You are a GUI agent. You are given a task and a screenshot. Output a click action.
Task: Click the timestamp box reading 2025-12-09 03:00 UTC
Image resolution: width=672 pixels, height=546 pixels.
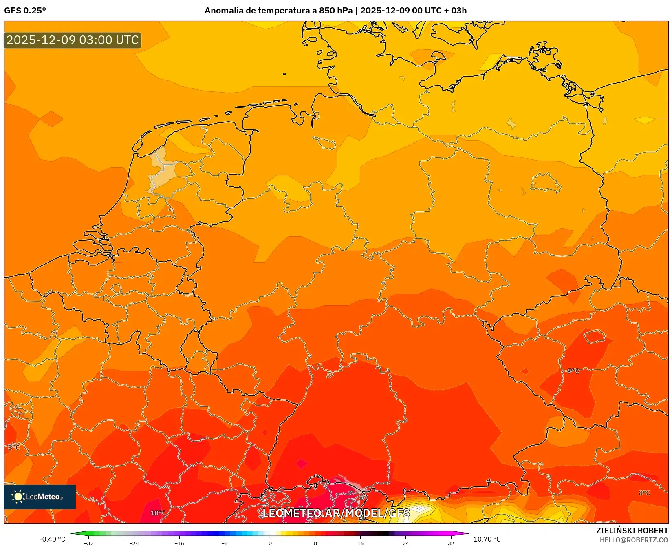(73, 40)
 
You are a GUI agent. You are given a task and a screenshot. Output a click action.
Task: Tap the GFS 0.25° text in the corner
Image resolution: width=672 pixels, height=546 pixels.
(25, 11)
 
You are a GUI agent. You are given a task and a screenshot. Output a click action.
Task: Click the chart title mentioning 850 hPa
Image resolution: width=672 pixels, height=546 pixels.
(335, 11)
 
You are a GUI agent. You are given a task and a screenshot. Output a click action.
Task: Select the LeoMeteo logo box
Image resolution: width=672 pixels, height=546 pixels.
(40, 497)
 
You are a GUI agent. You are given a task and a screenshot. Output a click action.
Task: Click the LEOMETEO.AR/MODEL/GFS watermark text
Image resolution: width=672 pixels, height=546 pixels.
(336, 513)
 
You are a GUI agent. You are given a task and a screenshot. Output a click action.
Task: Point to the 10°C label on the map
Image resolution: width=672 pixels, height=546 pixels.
(158, 513)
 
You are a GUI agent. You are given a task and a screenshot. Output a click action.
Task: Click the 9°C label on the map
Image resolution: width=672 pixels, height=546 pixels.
(573, 371)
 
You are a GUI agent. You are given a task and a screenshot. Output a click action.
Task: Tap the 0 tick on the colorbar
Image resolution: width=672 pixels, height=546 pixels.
(270, 543)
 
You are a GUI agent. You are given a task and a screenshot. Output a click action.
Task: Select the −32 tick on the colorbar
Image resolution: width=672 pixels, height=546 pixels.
(88, 543)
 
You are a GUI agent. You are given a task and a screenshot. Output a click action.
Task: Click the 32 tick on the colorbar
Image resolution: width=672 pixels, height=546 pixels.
(451, 543)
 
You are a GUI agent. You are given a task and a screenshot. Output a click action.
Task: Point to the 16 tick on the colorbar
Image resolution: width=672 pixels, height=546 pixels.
(360, 543)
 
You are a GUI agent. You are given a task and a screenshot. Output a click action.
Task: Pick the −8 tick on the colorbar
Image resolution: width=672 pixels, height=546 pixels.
(224, 543)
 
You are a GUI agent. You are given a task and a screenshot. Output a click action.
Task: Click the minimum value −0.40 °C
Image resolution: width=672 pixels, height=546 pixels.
(52, 539)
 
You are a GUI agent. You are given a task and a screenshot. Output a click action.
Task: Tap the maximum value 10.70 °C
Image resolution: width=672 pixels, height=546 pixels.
(487, 539)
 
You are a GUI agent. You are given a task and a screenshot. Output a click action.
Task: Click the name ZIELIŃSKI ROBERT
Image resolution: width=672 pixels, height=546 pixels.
(632, 531)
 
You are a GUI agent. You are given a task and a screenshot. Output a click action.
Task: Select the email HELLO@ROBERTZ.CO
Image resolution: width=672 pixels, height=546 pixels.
(634, 540)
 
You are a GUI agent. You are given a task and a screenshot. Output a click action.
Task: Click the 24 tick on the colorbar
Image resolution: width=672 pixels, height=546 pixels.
(405, 543)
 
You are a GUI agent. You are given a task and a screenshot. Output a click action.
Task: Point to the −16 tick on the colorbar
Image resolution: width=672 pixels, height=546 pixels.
(179, 543)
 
